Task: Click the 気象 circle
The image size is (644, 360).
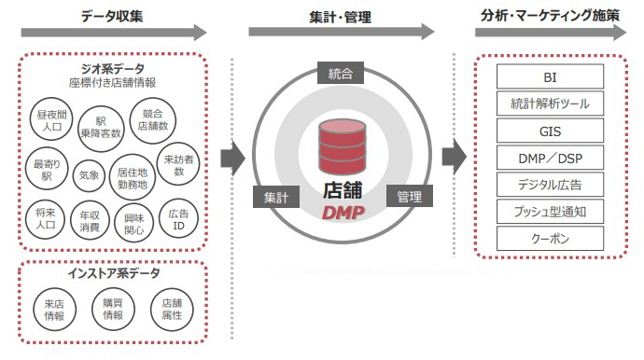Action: click(x=90, y=174)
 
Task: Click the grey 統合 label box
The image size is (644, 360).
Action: click(x=340, y=74)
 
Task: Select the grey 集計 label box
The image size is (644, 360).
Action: click(x=274, y=198)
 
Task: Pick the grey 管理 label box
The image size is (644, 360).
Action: click(x=409, y=197)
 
